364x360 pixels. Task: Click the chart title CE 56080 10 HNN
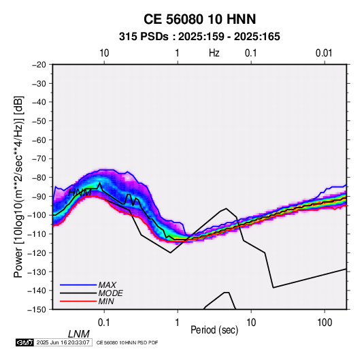199,19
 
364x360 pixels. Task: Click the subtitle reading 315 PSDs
144,37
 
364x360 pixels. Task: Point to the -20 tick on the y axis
39,65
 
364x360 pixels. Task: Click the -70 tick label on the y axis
39,159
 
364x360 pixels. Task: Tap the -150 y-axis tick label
37,310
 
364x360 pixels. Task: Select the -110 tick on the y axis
37,234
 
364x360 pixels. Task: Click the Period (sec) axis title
214,330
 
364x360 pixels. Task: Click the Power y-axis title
18,187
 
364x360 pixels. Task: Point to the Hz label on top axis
214,53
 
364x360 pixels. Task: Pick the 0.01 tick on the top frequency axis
324,53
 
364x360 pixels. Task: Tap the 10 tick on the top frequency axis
104,53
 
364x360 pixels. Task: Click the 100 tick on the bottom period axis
325,323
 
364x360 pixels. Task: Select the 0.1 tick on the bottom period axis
104,323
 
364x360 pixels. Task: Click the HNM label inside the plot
80,193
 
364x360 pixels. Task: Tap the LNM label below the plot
78,334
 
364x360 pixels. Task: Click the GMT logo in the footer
25,342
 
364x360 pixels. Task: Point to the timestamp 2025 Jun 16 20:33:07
63,342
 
